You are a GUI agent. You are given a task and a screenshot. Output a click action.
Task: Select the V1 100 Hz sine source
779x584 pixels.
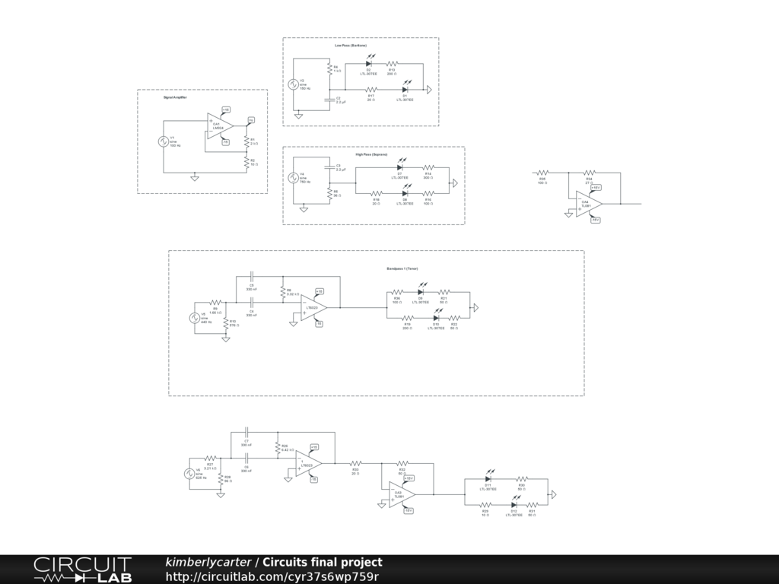click(x=162, y=141)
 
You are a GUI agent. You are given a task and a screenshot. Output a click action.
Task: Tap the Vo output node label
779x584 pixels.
click(x=251, y=119)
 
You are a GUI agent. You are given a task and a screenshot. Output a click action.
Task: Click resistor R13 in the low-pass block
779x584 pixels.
click(x=393, y=64)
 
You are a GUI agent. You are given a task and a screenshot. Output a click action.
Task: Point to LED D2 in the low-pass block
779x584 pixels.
click(x=369, y=64)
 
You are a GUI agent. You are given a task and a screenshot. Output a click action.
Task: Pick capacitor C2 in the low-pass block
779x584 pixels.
click(x=329, y=99)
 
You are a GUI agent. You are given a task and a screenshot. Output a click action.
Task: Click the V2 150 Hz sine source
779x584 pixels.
click(x=293, y=84)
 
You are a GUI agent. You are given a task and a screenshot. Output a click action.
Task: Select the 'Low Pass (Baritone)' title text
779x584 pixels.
click(x=351, y=46)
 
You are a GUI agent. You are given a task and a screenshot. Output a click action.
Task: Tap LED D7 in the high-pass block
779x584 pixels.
click(x=399, y=167)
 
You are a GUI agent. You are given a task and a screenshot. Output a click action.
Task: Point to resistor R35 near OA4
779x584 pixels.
click(x=542, y=173)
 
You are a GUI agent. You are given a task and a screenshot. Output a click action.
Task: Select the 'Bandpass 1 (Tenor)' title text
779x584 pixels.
click(x=402, y=268)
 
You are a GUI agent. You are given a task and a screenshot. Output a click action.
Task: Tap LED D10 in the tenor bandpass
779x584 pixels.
click(x=436, y=318)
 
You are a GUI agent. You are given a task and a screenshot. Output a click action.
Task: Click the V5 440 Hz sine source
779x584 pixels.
click(x=194, y=317)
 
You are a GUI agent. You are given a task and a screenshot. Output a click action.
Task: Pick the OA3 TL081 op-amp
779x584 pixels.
click(x=401, y=494)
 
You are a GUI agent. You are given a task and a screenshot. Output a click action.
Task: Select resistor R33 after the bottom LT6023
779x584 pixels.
click(x=355, y=462)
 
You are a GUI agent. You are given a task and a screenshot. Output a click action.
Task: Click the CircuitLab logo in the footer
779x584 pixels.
click(x=81, y=570)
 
